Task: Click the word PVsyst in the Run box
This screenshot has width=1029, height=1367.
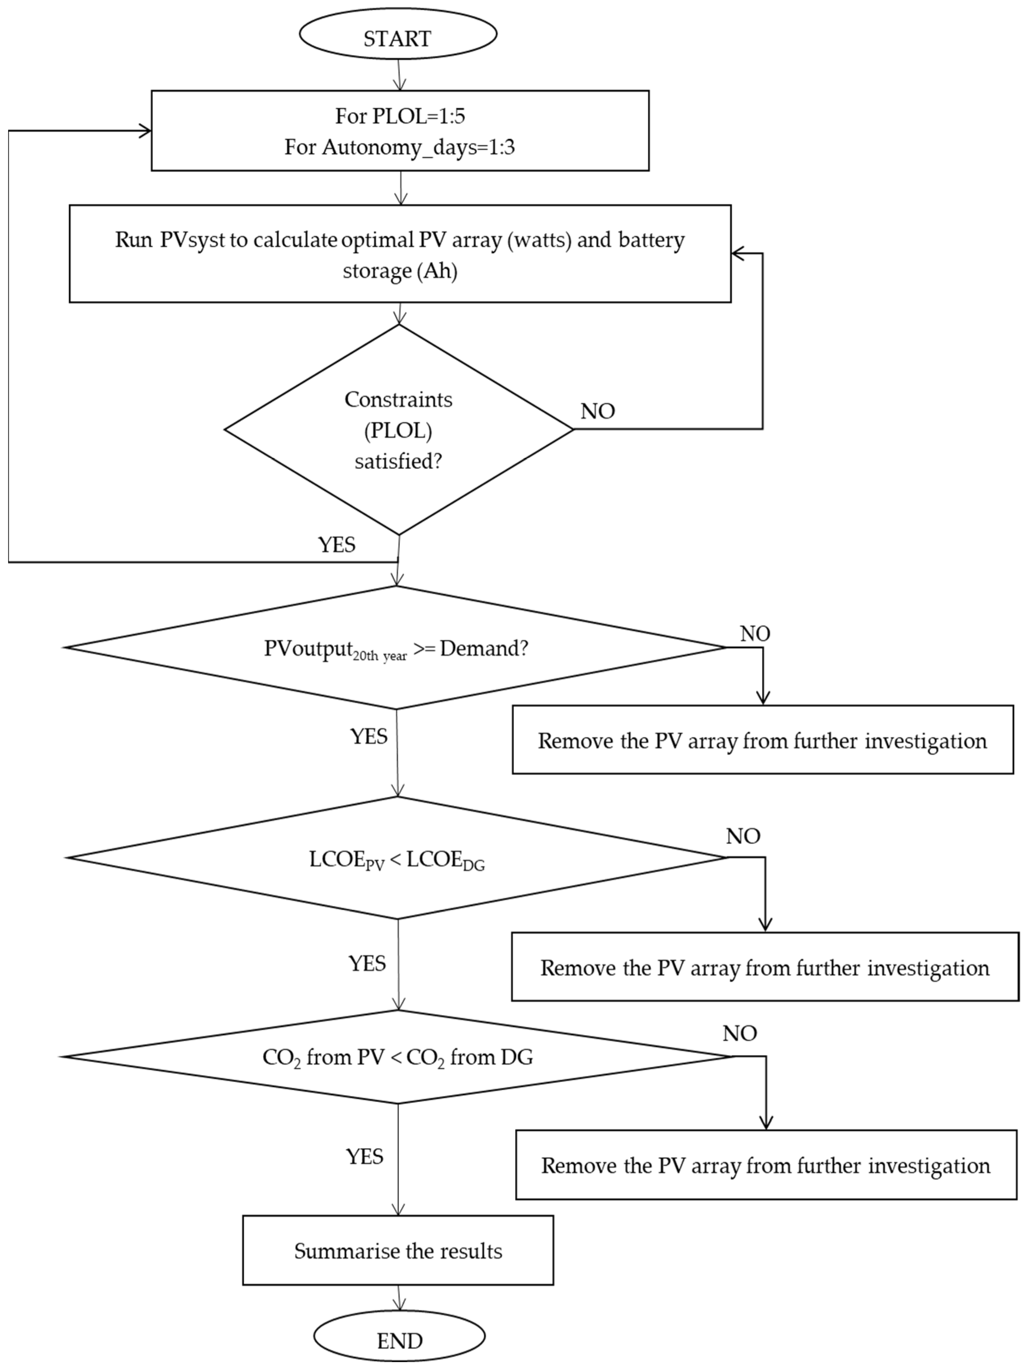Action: pos(192,240)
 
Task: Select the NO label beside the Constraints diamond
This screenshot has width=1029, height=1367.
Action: pos(597,411)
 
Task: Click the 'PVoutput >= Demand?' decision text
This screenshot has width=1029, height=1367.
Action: pos(396,648)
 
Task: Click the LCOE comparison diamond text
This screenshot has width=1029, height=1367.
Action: pos(397,860)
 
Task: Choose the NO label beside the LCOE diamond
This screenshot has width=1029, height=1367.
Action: pos(742,836)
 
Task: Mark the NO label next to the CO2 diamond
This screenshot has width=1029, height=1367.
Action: pos(739,1033)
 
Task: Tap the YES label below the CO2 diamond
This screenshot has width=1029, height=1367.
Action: pos(365,1156)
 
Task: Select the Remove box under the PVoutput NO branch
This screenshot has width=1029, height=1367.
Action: pos(762,740)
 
